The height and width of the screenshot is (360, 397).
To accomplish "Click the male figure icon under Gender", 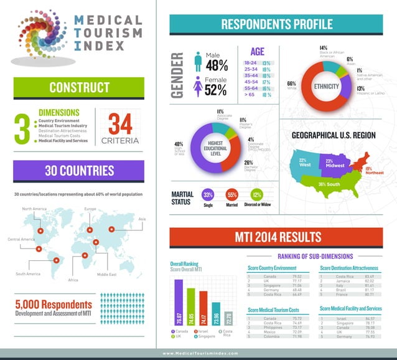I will [x=198, y=61].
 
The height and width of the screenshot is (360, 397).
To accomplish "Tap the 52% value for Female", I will [x=216, y=90].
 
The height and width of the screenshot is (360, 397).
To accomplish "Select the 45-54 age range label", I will [x=251, y=81].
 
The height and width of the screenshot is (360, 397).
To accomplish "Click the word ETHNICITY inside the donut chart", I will [x=326, y=86].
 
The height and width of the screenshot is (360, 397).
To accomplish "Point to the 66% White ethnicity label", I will [x=291, y=85].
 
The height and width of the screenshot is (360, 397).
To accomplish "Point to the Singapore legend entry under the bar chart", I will [x=207, y=336].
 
